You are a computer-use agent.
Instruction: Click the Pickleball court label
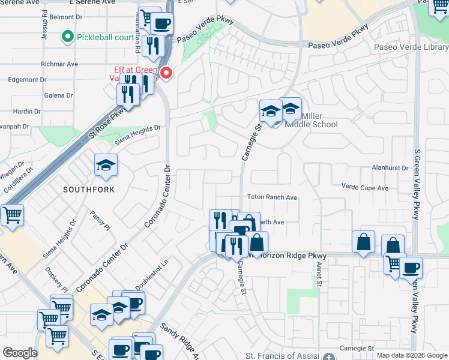(105, 37)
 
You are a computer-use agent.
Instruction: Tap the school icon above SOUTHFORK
(106, 165)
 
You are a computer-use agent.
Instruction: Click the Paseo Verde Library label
(411, 47)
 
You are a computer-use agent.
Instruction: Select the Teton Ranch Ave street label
(273, 197)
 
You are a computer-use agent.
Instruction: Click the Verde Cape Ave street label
(365, 188)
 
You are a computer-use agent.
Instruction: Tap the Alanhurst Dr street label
(390, 168)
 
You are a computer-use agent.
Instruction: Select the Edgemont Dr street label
(23, 79)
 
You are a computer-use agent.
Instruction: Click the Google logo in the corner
(20, 353)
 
